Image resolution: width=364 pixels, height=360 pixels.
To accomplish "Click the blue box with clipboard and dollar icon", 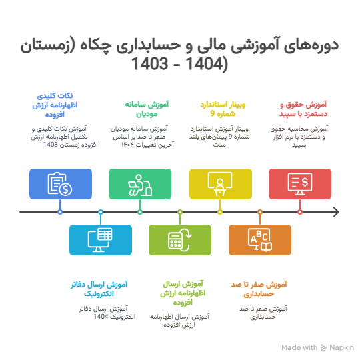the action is click(61, 184).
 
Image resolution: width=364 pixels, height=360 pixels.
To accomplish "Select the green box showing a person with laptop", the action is click(140, 184).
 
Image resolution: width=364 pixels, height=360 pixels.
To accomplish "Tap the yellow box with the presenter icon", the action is click(221, 184).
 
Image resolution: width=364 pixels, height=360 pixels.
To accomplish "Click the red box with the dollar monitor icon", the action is click(300, 184).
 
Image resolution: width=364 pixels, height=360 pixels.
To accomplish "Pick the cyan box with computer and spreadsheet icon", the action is click(101, 240).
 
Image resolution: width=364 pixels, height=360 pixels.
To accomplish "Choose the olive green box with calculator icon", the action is click(180, 240).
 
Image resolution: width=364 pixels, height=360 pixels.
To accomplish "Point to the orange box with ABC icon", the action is click(260, 240).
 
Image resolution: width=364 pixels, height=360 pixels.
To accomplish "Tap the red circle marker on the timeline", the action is click(300, 212).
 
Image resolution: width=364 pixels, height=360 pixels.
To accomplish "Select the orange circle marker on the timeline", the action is click(260, 212).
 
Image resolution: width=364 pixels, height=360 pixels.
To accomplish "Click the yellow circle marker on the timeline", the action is click(220, 212).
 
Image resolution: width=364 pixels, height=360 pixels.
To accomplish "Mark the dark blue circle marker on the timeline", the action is click(60, 212).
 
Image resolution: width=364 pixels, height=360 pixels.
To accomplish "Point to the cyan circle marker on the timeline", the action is click(101, 212).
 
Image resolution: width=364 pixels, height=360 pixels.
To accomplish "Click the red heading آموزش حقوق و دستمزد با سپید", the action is click(303, 109).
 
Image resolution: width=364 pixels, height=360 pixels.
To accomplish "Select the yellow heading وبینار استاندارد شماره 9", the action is click(223, 109).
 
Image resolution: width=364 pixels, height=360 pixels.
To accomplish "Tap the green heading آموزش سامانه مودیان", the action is click(147, 109).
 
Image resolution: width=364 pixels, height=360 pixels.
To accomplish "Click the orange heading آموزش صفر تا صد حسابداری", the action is click(259, 289).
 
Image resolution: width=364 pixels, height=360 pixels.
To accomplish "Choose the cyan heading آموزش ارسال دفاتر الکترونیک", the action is click(99, 289).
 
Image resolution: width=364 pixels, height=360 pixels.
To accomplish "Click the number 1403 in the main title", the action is click(150, 63).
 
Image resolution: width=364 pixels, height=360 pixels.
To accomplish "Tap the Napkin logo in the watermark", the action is click(323, 348).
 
